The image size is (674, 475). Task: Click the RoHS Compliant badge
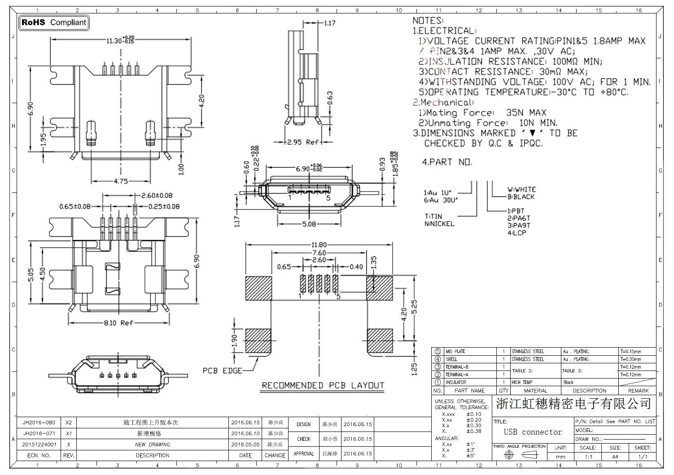(x=53, y=22)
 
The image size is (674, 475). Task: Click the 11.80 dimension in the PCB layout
(x=319, y=245)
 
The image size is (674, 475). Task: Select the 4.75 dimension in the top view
(x=120, y=182)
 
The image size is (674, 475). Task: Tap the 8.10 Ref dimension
(x=118, y=323)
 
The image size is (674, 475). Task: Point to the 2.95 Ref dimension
(x=302, y=142)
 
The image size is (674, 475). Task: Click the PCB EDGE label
(x=222, y=371)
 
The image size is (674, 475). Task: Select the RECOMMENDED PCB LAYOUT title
(x=323, y=386)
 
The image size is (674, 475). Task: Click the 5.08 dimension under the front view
(x=309, y=224)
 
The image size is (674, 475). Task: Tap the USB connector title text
(x=533, y=432)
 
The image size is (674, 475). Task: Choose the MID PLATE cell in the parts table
(x=455, y=352)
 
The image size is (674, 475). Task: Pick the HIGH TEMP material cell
(x=521, y=383)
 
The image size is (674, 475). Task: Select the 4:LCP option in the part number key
(x=517, y=233)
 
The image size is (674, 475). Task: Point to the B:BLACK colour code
(x=521, y=197)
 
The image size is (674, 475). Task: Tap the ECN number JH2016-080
(x=39, y=423)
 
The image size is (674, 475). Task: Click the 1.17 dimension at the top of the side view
(x=329, y=23)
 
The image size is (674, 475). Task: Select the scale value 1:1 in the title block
(x=588, y=457)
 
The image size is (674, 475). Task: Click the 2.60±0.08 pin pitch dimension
(x=157, y=196)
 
